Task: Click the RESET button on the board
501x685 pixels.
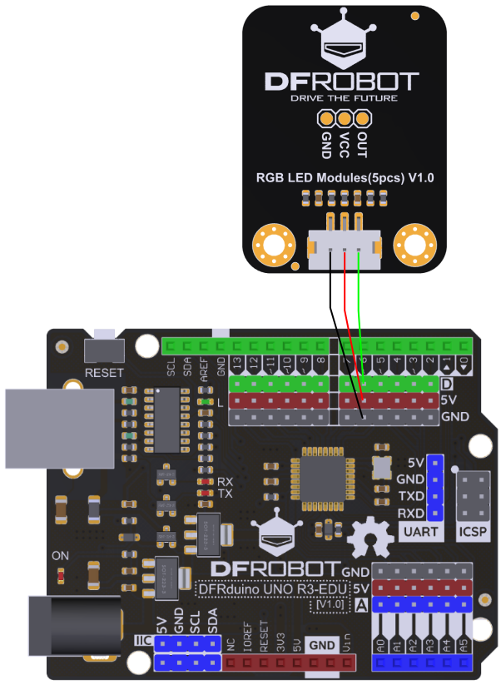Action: point(105,350)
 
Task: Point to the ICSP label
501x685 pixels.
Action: point(472,531)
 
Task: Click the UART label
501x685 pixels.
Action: point(419,531)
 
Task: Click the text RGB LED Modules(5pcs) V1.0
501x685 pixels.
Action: point(344,177)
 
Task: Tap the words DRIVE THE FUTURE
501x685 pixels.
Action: point(343,98)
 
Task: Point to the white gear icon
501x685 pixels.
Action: point(370,538)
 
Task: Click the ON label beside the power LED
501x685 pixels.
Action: point(61,555)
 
